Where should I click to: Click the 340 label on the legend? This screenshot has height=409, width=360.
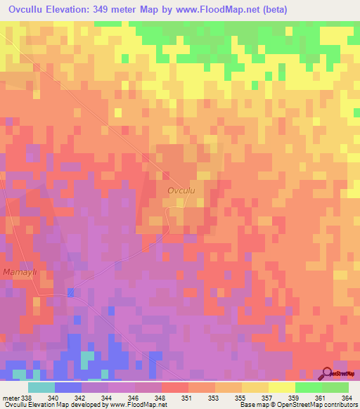tap(53, 398)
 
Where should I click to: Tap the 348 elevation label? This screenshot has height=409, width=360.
tap(161, 398)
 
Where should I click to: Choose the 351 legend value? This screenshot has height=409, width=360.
tap(188, 398)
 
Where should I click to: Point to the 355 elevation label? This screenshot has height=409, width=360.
tap(241, 398)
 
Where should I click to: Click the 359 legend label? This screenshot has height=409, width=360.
tap(295, 398)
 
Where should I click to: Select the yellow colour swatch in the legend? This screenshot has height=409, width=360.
tap(281, 387)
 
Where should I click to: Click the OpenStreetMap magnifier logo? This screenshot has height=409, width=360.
tap(328, 373)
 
